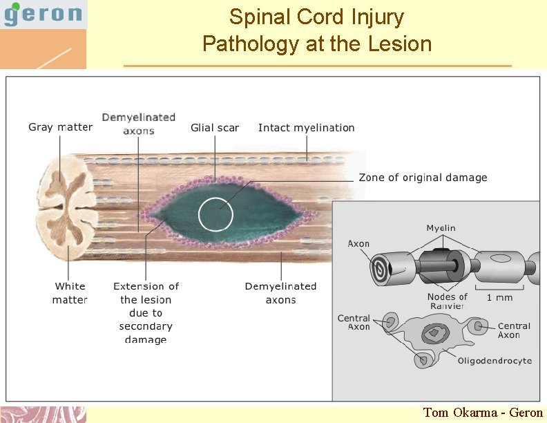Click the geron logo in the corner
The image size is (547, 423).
tap(43, 14)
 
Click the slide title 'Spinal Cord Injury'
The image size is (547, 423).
tap(316, 17)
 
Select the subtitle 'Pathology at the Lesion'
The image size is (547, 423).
tap(316, 44)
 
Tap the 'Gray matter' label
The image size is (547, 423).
tap(60, 127)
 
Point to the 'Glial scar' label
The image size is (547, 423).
tap(215, 128)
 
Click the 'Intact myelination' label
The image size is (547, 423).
tap(306, 128)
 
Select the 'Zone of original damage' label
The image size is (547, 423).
tap(423, 178)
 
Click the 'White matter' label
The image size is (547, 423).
tap(70, 292)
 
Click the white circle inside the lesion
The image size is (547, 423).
tap(216, 214)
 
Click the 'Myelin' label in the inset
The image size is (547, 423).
tap(441, 228)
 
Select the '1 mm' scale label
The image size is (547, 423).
tap(499, 297)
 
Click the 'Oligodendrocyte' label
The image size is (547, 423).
tap(494, 360)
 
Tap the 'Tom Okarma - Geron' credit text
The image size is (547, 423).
tap(483, 413)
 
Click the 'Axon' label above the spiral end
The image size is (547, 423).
tap(358, 243)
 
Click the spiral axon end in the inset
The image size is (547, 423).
tap(379, 266)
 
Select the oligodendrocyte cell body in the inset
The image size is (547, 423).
tap(434, 334)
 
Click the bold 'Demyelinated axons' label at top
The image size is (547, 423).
tap(139, 124)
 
